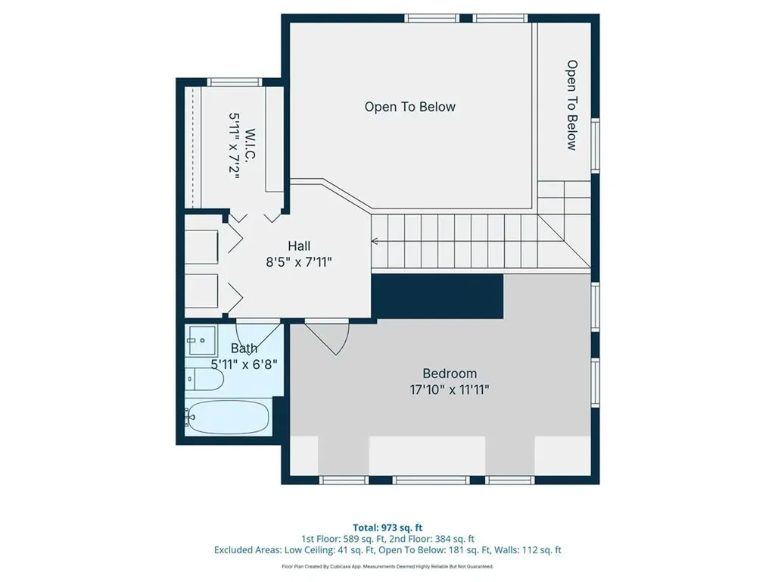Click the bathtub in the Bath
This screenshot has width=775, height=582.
(x=227, y=417)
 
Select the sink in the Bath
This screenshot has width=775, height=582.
(x=201, y=341)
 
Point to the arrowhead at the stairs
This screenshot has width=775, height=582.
(x=374, y=242)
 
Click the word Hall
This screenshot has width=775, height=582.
(x=299, y=246)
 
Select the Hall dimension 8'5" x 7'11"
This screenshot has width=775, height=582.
(x=299, y=261)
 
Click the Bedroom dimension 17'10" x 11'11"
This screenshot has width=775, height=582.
(x=450, y=390)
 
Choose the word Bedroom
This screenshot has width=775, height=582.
(x=450, y=374)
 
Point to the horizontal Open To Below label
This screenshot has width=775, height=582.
(x=410, y=107)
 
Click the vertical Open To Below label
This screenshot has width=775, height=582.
(x=572, y=105)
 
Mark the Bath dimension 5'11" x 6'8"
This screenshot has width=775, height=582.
(x=244, y=364)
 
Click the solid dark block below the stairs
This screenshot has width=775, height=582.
(x=437, y=296)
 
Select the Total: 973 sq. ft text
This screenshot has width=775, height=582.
(x=387, y=527)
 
